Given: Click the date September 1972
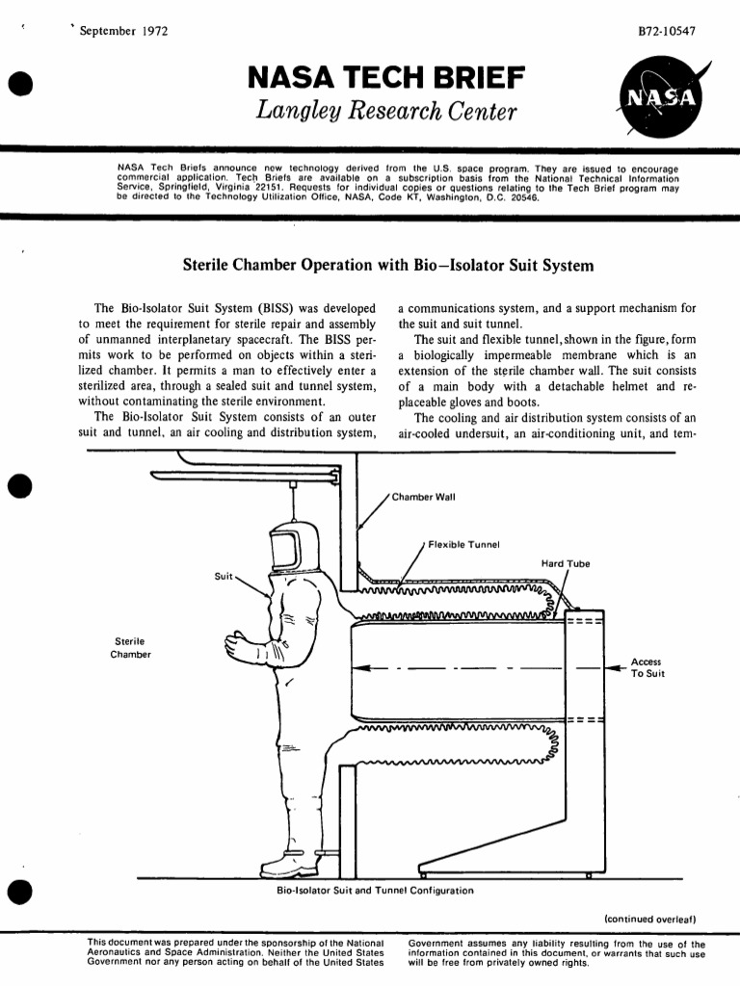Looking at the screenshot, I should click(124, 30).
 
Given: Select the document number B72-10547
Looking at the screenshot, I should click(667, 30).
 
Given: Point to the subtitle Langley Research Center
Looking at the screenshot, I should click(386, 114).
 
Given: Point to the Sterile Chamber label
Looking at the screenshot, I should click(130, 647).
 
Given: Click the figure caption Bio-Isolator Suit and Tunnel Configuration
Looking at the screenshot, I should click(375, 891).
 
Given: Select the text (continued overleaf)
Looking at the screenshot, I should click(649, 919).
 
